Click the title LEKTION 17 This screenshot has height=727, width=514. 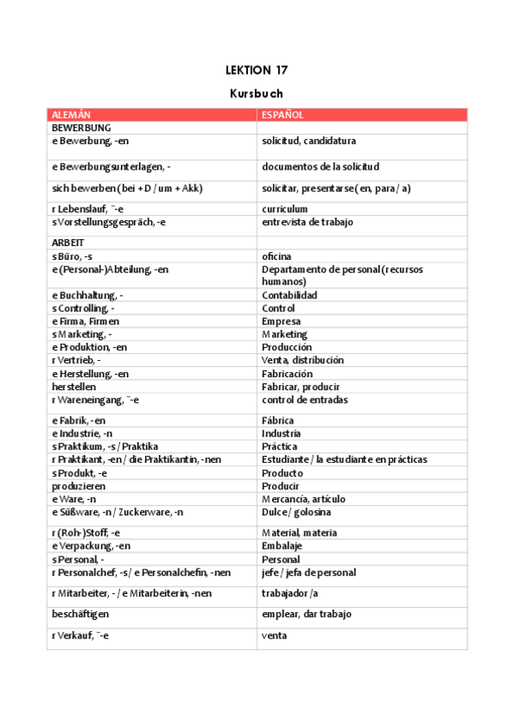tap(257, 69)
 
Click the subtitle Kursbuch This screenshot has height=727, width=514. tap(257, 93)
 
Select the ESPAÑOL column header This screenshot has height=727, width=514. tap(282, 115)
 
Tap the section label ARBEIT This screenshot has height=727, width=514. tap(68, 243)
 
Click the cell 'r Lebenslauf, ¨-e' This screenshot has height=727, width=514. tap(88, 209)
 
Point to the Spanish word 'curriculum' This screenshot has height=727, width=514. tap(285, 209)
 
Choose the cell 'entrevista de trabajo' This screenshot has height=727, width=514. tap(307, 222)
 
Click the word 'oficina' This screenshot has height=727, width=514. tap(276, 256)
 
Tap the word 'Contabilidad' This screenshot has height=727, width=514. tap(289, 296)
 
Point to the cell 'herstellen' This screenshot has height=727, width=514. tap(74, 387)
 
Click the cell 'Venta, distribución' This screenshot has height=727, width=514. tap(302, 361)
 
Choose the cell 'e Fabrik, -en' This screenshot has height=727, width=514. tap(79, 421)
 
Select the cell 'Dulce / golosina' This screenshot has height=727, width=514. tap(297, 513)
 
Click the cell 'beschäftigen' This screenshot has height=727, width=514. tap(80, 615)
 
